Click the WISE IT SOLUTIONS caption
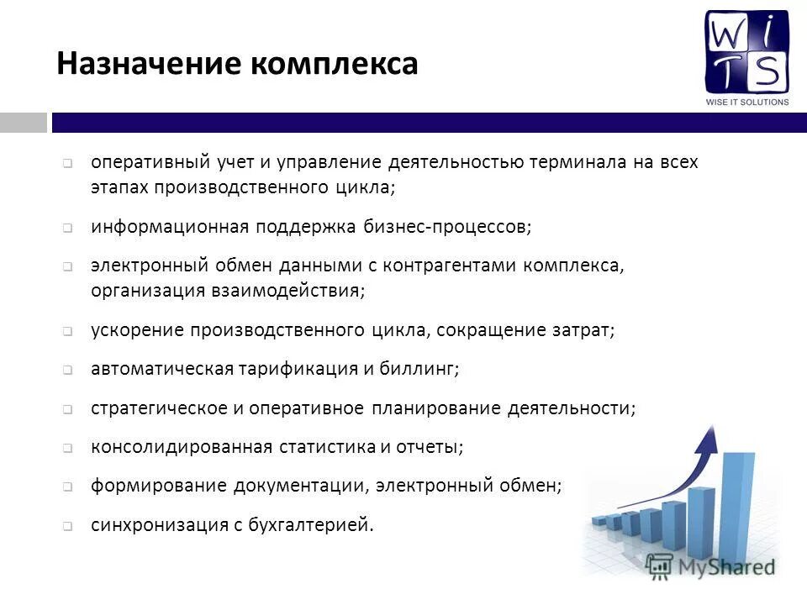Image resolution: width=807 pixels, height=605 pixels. [x=746, y=103]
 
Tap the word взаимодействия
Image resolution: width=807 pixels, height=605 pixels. [x=287, y=292]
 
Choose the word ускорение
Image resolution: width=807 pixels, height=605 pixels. [x=137, y=330]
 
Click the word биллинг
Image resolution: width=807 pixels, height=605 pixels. [x=425, y=369]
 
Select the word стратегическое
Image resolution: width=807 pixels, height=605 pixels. [x=159, y=408]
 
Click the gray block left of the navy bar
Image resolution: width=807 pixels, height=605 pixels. [x=23, y=123]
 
